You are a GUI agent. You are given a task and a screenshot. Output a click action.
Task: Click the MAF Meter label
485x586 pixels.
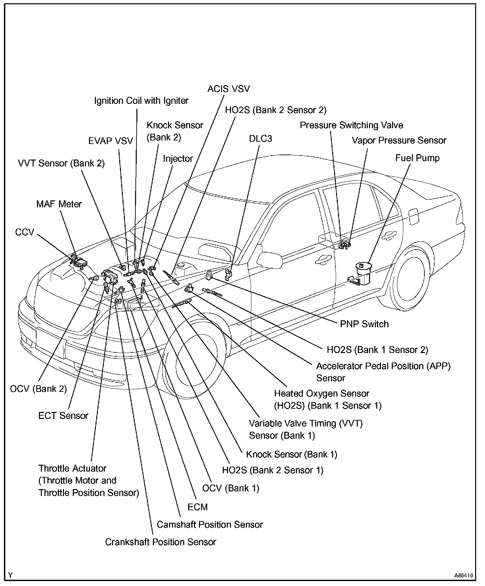59,204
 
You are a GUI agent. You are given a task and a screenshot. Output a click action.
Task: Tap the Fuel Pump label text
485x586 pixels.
417,158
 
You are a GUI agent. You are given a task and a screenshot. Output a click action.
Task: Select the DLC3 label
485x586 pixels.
260,138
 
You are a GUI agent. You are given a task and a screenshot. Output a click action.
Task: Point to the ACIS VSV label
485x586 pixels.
228,89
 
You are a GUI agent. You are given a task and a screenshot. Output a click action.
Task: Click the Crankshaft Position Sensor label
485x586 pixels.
160,542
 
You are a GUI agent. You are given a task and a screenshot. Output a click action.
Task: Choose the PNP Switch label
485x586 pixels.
364,324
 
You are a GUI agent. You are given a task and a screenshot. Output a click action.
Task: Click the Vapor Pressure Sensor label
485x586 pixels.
399,140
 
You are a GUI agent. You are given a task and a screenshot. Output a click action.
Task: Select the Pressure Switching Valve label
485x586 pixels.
351,125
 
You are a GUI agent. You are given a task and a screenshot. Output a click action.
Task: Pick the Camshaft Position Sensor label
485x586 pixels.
210,524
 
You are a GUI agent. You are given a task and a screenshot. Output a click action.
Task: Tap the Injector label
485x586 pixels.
178,159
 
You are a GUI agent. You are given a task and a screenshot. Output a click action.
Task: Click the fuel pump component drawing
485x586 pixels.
362,273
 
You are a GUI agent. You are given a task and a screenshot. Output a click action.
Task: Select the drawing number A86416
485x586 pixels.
464,575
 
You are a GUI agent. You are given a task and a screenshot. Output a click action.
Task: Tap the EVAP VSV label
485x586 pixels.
110,141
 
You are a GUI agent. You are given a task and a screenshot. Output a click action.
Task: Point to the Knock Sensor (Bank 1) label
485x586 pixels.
292,454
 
